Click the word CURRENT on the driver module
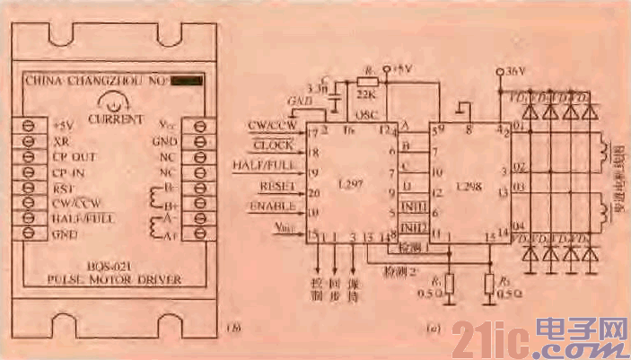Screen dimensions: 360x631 tap(115, 119)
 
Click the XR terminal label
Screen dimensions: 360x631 tap(59, 140)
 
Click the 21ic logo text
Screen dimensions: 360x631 tap(489, 338)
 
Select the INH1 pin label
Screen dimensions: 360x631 tap(413, 207)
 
